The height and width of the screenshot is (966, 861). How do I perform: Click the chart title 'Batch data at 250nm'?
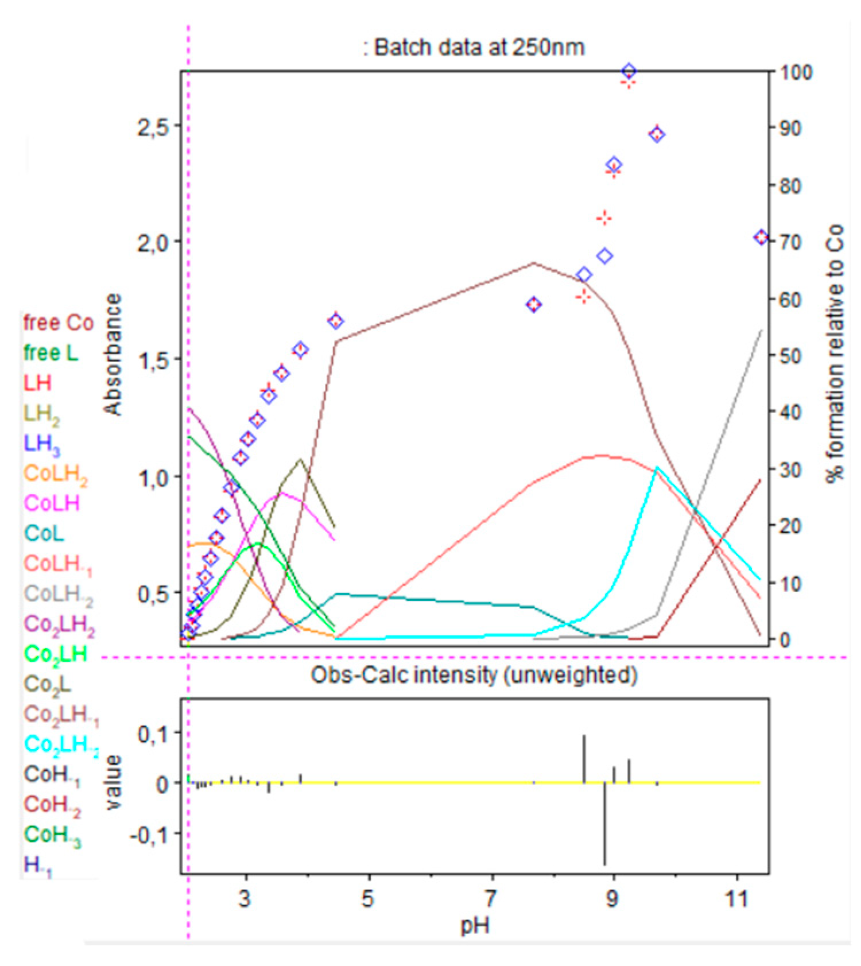pyautogui.click(x=474, y=48)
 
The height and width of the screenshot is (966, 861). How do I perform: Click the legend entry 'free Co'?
pyautogui.click(x=58, y=323)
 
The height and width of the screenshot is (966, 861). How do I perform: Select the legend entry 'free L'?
pyautogui.click(x=51, y=353)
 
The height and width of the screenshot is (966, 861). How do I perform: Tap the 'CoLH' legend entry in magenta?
pyautogui.click(x=52, y=503)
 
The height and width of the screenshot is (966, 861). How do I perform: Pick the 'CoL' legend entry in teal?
pyautogui.click(x=44, y=533)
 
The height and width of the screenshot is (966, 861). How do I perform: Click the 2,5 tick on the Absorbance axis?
pyautogui.click(x=153, y=127)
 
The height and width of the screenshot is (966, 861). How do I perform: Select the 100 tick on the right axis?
pyautogui.click(x=796, y=72)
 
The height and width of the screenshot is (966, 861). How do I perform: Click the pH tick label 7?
pyautogui.click(x=491, y=898)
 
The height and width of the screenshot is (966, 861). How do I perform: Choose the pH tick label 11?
pyautogui.click(x=736, y=898)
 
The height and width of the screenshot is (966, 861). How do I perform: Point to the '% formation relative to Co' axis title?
pyautogui.click(x=836, y=353)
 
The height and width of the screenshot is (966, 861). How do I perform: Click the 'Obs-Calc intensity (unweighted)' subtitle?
pyautogui.click(x=474, y=675)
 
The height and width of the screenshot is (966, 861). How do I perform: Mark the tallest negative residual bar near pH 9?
pyautogui.click(x=604, y=824)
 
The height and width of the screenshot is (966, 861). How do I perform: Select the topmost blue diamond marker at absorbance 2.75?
pyautogui.click(x=629, y=72)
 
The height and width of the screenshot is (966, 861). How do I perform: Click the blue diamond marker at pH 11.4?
pyautogui.click(x=761, y=238)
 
